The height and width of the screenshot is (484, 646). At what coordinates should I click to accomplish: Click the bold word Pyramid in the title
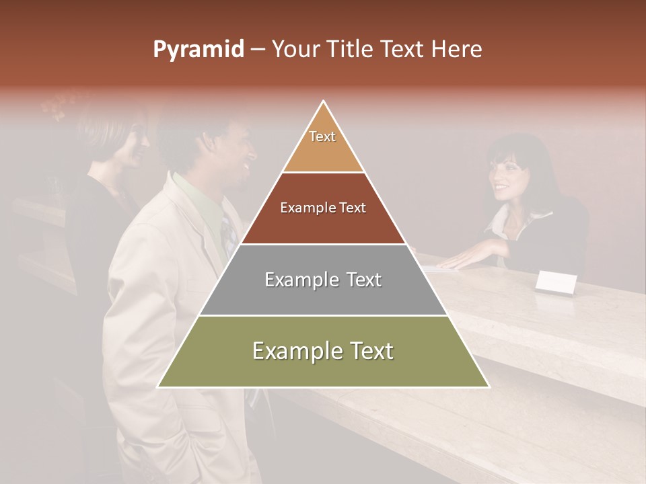tap(198, 50)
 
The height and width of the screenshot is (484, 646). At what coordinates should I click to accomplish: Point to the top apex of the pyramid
tap(324, 103)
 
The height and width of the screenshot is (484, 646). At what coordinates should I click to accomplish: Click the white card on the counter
tap(556, 283)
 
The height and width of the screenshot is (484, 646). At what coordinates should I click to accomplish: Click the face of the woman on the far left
tap(135, 145)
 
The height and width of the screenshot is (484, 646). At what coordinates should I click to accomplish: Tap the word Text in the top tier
tap(322, 136)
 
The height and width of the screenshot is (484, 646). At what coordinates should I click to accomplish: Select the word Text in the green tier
tap(366, 351)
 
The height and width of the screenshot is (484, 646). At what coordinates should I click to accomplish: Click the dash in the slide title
tap(258, 50)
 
